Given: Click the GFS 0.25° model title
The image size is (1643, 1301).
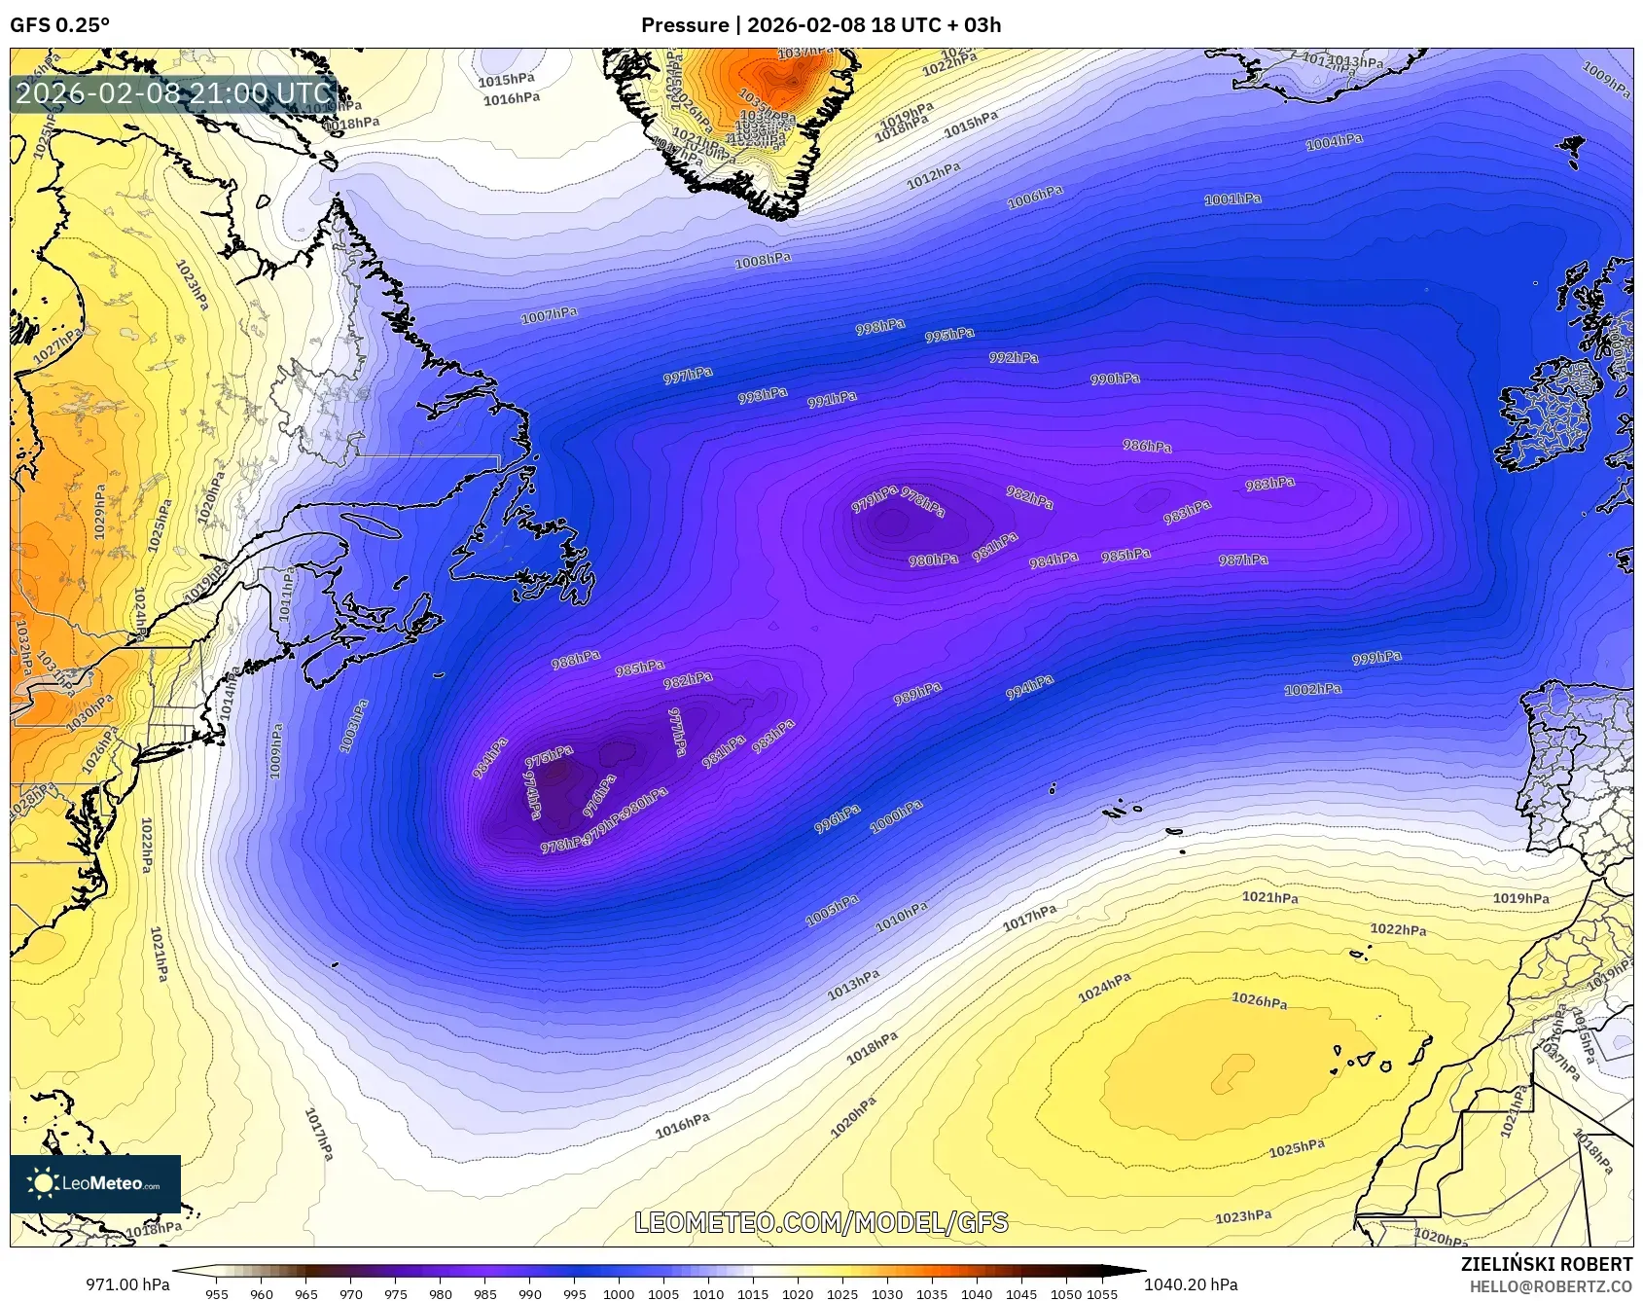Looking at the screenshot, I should click(59, 25).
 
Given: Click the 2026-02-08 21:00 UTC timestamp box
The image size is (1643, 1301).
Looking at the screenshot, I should click(173, 93).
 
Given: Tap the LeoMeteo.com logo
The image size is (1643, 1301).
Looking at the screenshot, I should click(95, 1183).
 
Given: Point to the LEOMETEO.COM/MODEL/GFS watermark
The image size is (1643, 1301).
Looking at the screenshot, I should click(821, 1222).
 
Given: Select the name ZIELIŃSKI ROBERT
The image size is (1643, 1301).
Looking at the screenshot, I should click(1546, 1264).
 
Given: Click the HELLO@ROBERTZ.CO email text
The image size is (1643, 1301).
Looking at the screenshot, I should click(1551, 1286).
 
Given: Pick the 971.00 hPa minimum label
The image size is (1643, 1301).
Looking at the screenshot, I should click(127, 1284).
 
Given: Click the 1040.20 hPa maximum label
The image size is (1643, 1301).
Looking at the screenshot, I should click(1191, 1284).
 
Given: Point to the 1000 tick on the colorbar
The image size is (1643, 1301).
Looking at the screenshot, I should click(619, 1294).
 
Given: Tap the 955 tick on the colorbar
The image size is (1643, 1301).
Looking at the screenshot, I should click(217, 1294).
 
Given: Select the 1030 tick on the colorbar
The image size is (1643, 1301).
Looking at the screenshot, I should click(886, 1294).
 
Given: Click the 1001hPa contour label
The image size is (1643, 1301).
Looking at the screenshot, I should click(1232, 199).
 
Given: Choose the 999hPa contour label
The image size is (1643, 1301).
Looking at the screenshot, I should click(1376, 659).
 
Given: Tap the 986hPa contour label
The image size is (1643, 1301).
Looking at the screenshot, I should click(1147, 447).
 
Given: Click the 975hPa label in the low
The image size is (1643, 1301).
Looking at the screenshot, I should click(549, 756).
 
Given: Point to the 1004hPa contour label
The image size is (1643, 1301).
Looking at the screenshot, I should click(1334, 142).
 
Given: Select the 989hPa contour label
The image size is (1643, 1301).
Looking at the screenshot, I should click(917, 694).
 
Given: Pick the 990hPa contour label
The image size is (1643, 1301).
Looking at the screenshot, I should click(1115, 379).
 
